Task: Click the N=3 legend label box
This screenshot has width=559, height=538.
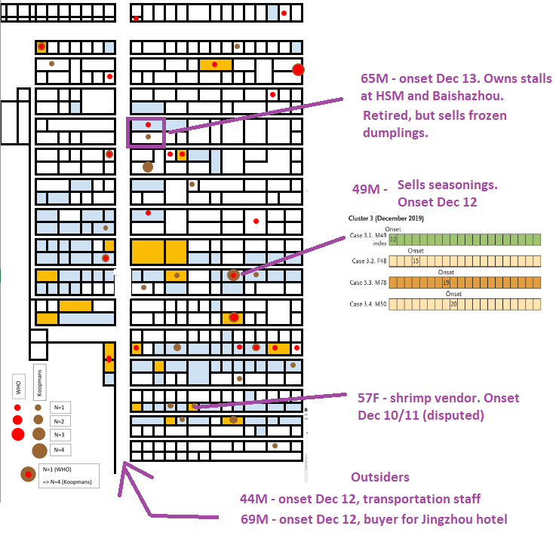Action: [x=58, y=435]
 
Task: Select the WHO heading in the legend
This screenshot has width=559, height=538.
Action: [x=17, y=389]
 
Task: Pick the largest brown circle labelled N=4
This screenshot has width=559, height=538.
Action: [x=38, y=451]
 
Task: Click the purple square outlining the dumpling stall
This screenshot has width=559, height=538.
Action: [x=146, y=132]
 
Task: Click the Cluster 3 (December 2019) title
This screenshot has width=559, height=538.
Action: [x=386, y=219]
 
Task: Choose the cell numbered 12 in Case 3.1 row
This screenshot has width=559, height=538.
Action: [x=392, y=239]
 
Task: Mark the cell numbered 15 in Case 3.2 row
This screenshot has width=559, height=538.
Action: [x=416, y=261]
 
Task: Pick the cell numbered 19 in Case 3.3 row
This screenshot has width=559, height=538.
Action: [x=447, y=283]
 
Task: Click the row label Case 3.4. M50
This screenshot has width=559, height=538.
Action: [x=368, y=304]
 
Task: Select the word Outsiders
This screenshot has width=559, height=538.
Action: [x=380, y=478]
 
